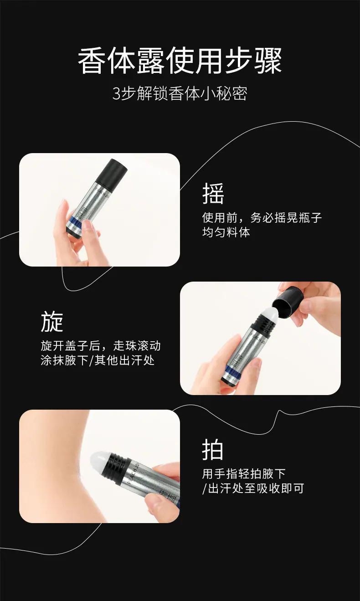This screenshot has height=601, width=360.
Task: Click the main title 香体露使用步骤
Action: pyautogui.click(x=180, y=61)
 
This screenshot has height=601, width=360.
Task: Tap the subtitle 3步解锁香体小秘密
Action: pyautogui.click(x=180, y=93)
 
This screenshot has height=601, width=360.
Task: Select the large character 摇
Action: pyautogui.click(x=213, y=193)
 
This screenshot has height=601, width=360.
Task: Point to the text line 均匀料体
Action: pyautogui.click(x=226, y=232)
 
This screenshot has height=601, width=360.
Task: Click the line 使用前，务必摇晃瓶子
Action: pyautogui.click(x=262, y=218)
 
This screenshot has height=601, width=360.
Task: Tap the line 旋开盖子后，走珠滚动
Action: pyautogui.click(x=101, y=346)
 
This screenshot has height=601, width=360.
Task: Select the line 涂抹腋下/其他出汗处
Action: pyautogui.click(x=98, y=360)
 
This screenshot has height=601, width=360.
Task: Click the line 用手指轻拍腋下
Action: pyautogui.click(x=244, y=474)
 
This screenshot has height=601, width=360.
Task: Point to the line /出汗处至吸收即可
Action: pyautogui.click(x=253, y=488)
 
